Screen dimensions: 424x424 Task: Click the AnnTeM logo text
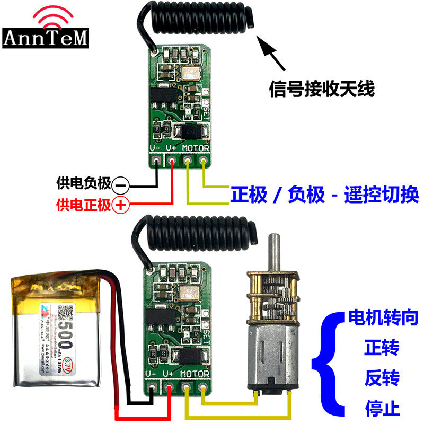tap(46, 37)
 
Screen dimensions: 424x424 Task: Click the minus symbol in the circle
tap(120, 185)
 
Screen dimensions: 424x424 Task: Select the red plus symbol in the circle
tap(120, 204)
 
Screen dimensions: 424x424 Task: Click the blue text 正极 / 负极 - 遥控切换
tap(324, 195)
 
